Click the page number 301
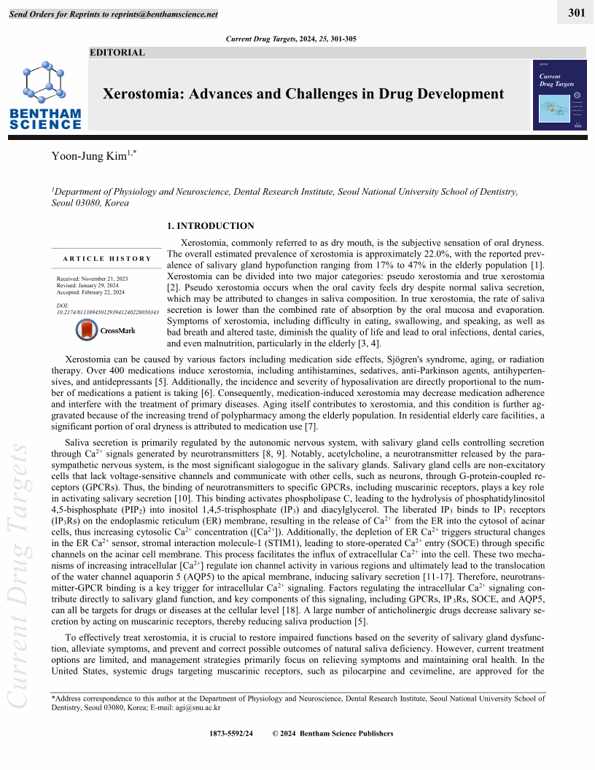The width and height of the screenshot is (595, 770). pyautogui.click(x=577, y=12)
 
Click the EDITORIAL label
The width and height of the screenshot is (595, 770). pyautogui.click(x=117, y=52)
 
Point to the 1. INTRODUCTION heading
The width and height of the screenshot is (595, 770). pyautogui.click(x=211, y=226)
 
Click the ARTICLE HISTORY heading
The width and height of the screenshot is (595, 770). pyautogui.click(x=107, y=259)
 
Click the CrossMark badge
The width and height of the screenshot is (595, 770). pyautogui.click(x=106, y=330)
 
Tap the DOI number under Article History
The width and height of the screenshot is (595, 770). pyautogui.click(x=107, y=312)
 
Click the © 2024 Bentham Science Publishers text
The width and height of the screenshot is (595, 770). pyautogui.click(x=332, y=734)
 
